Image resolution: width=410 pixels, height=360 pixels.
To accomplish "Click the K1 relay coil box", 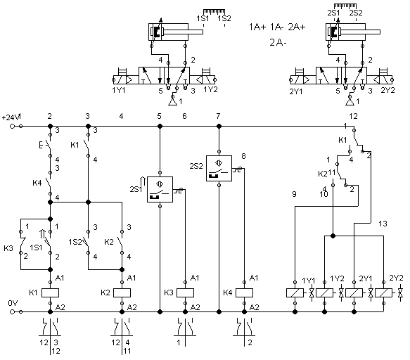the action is click(50, 292).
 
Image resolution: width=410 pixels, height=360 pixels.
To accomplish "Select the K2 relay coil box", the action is click(122, 292).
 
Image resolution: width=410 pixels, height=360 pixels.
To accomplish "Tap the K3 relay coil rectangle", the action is click(185, 292).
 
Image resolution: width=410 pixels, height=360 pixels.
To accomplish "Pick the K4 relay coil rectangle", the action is click(244, 292).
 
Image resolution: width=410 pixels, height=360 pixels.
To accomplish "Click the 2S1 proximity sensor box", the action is click(160, 189).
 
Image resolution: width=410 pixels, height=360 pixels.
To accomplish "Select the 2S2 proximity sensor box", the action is click(219, 168).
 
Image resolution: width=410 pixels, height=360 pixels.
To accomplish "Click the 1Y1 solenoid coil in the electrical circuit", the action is click(295, 292).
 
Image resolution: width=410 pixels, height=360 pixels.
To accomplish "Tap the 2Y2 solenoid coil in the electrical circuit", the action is click(383, 292).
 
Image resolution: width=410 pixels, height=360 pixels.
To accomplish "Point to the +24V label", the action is click(11, 117).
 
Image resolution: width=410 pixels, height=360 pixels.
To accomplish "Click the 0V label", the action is click(13, 303).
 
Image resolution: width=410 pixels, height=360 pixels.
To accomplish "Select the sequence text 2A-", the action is click(278, 42).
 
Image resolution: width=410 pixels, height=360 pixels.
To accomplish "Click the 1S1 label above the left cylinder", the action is click(203, 18).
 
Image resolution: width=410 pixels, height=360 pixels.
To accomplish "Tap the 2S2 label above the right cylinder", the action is click(356, 13).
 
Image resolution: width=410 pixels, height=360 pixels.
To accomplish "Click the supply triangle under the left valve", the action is click(172, 101).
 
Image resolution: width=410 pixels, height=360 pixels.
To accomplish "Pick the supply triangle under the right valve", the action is click(350, 101).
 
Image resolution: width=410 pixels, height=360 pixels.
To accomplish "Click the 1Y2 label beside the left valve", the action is click(210, 90).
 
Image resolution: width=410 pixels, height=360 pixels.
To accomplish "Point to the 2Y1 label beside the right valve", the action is click(296, 91).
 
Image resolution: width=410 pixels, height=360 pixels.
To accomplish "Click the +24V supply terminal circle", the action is click(12, 127).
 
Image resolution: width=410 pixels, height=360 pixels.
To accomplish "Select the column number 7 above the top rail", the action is click(218, 116).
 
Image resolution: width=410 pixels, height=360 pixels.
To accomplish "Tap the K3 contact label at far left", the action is click(8, 248).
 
